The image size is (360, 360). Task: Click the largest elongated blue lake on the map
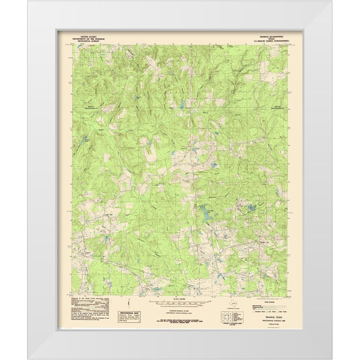pos(206,215)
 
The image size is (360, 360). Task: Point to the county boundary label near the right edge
pos(278,107)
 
